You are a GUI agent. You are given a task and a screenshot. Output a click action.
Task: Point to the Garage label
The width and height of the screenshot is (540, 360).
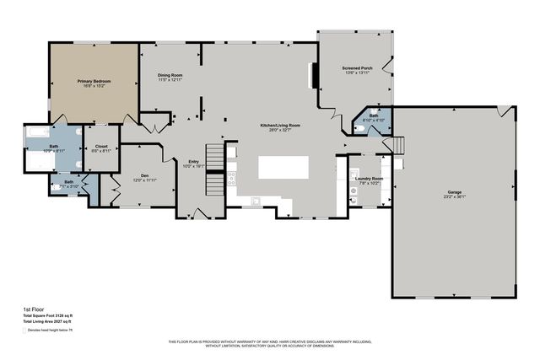pos(454,193)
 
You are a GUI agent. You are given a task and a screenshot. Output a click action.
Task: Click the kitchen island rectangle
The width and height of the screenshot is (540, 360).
pos(283,166)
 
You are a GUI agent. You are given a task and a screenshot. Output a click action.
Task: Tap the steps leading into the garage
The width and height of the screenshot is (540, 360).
pos(399,146)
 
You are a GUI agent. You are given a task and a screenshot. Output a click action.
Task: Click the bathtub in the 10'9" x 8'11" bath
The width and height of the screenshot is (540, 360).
pos(39,132)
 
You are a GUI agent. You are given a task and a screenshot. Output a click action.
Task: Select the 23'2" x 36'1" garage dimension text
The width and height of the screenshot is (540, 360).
pos(454,198)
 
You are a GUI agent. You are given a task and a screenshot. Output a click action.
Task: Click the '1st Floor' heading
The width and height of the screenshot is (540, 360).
pos(33,309)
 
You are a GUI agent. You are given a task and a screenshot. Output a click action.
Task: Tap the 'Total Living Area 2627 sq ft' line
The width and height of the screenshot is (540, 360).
pos(47,322)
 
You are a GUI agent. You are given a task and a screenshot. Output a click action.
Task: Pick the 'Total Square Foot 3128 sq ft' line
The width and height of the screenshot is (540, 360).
pos(48,316)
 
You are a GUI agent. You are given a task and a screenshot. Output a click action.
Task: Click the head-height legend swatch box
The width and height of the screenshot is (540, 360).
pos(24,330)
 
